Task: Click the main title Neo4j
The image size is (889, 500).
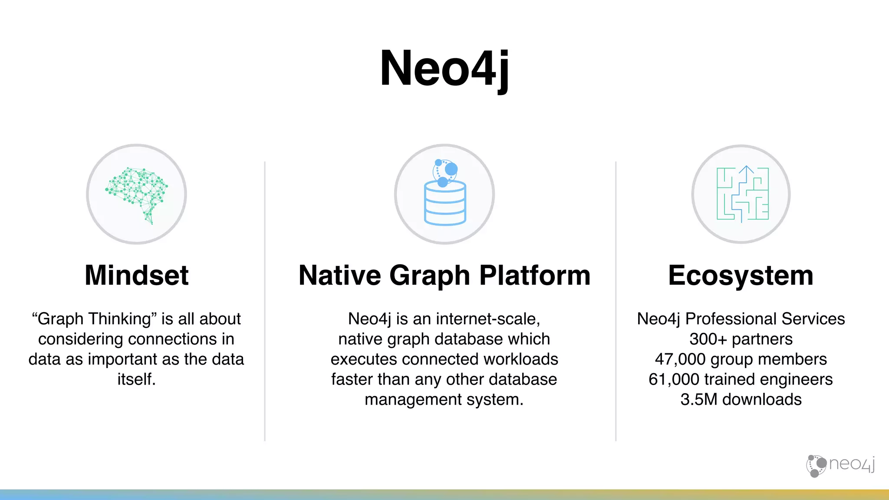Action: click(x=444, y=69)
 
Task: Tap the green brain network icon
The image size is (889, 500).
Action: click(x=137, y=192)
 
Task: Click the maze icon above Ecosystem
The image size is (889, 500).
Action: click(x=742, y=194)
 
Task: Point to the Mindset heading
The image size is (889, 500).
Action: click(x=137, y=275)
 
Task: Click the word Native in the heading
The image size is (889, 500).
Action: click(x=339, y=275)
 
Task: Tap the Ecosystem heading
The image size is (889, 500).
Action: click(x=741, y=275)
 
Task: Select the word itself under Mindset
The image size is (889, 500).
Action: click(x=136, y=379)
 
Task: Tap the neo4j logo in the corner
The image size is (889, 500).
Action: click(x=840, y=465)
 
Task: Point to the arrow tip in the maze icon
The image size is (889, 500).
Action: click(x=746, y=167)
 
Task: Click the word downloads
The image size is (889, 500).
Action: click(x=762, y=399)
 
